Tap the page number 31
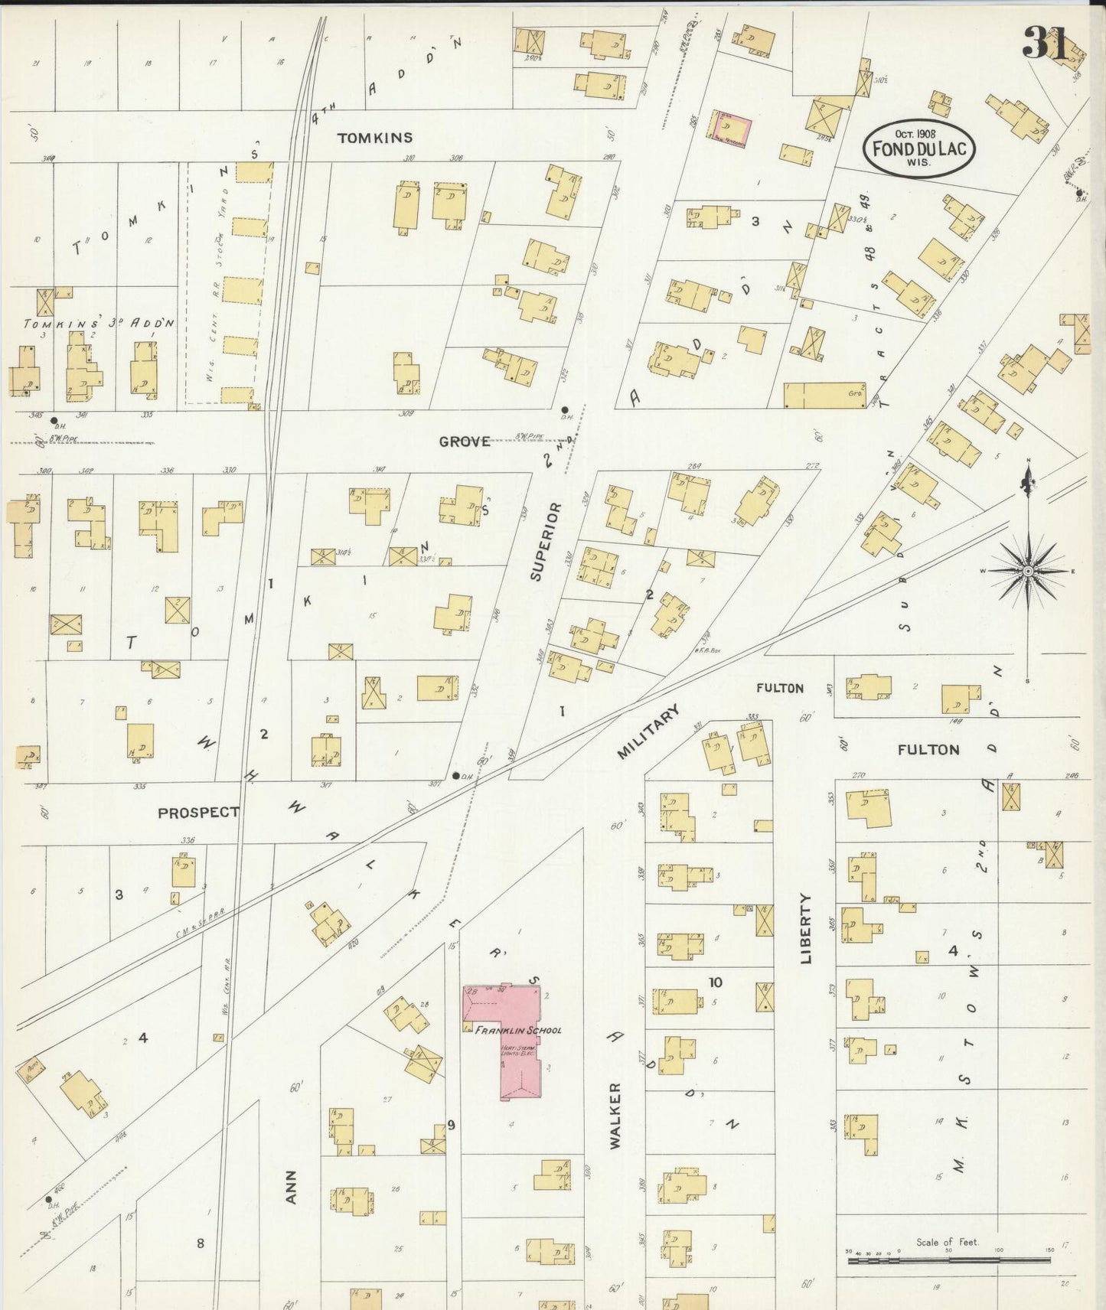[1046, 43]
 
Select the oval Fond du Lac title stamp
[918, 148]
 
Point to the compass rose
[1028, 571]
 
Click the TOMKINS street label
[375, 138]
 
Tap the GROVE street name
[464, 442]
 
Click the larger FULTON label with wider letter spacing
[928, 750]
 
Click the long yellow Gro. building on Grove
[824, 396]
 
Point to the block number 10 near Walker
[715, 982]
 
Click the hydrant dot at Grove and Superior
[565, 409]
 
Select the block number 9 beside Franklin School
[452, 1124]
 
